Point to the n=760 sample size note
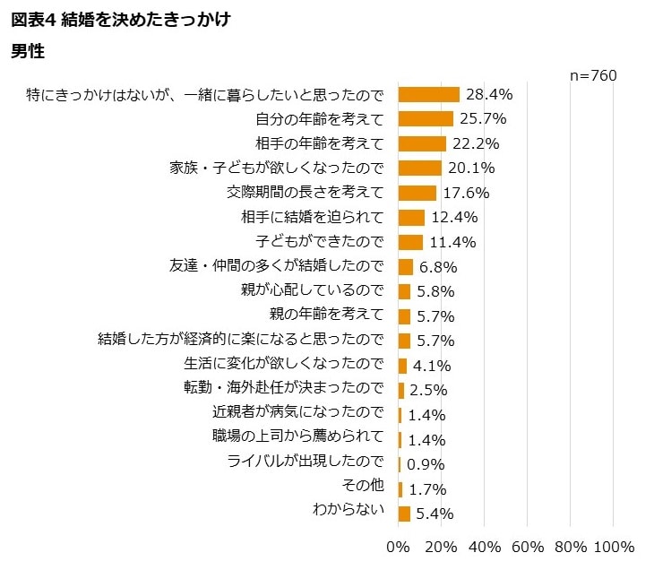(592, 76)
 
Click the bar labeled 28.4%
(428, 94)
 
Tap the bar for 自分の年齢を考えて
(426, 118)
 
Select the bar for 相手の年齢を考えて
(422, 143)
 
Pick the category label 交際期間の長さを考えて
(305, 193)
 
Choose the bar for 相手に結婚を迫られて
(411, 218)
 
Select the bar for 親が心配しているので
(404, 291)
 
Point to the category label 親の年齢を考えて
(326, 315)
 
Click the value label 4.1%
(431, 366)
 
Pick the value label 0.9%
(426, 464)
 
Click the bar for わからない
(404, 514)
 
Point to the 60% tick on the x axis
(528, 547)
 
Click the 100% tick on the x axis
(614, 547)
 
